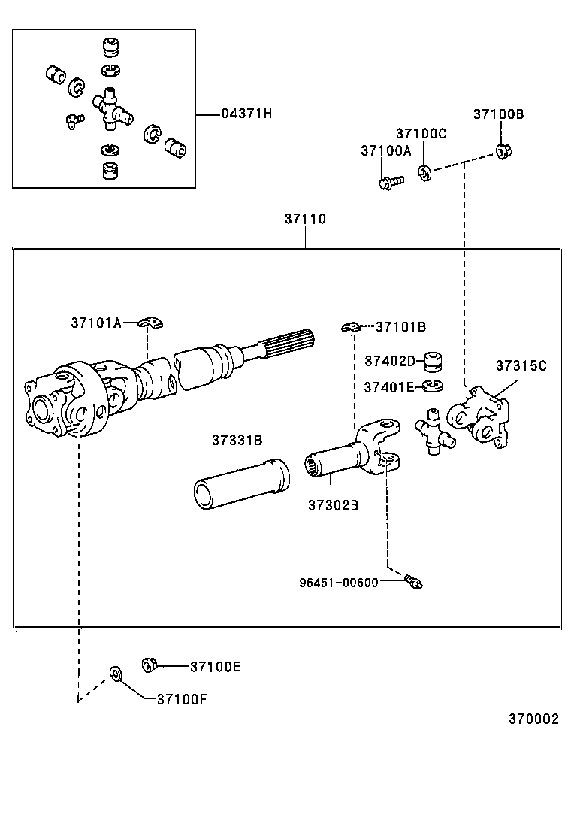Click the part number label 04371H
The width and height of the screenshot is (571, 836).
pos(246,114)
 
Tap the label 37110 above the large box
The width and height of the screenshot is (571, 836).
pos(305,219)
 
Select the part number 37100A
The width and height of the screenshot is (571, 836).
pos(386,150)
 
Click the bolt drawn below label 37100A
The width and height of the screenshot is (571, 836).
pos(391,180)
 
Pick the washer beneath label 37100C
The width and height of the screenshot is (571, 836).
pos(425,174)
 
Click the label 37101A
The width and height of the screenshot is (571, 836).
pos(96,323)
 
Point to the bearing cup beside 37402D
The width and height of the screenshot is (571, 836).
pos(431,362)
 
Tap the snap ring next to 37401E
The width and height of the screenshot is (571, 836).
pos(432,386)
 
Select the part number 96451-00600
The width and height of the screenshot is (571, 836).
pos(338,581)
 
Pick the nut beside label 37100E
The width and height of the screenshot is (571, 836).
pos(149,664)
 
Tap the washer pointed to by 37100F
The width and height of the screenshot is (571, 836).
pos(115,671)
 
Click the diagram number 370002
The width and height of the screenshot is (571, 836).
pos(533,719)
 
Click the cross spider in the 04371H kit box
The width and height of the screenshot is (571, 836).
pos(111,109)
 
